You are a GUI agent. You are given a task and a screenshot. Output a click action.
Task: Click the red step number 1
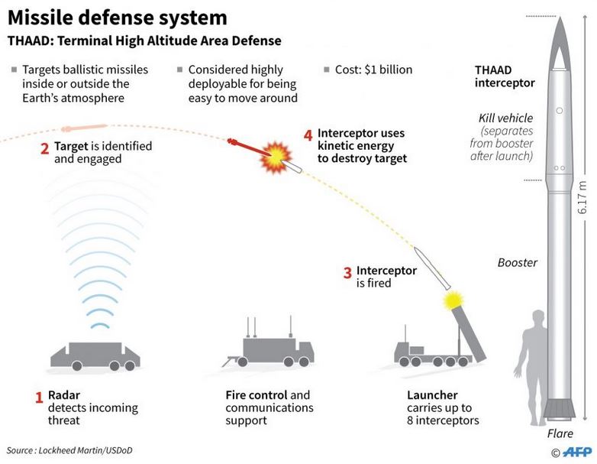click(x=38, y=397)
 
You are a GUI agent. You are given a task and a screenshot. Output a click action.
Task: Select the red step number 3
click(x=347, y=271)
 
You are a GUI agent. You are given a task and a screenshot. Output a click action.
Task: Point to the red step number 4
click(x=308, y=135)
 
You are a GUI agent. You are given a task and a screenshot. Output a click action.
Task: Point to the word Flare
click(x=560, y=434)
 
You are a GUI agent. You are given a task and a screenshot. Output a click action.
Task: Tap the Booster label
click(x=517, y=263)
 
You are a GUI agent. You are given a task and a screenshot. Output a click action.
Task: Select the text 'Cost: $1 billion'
click(x=373, y=70)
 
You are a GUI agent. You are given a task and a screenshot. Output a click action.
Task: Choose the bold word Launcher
click(x=432, y=395)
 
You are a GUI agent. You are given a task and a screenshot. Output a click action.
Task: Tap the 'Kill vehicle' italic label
click(x=505, y=118)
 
